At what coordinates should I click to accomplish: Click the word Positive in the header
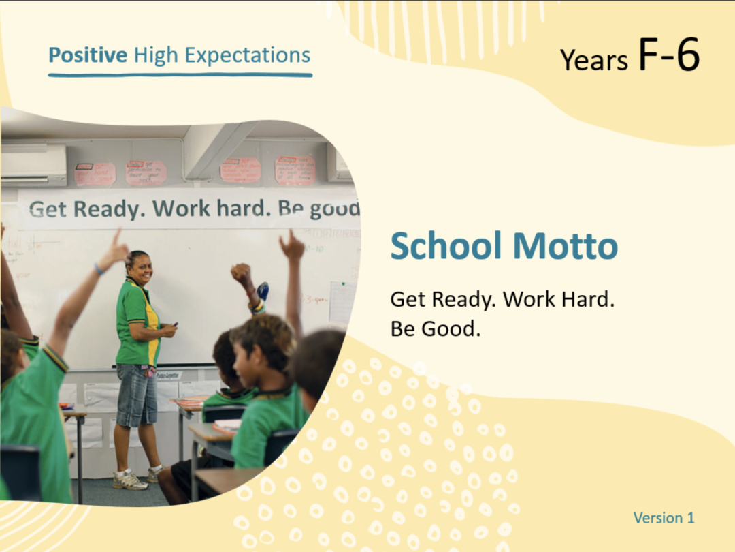87,55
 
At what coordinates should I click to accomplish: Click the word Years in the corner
593,60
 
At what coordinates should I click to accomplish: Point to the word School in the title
446,245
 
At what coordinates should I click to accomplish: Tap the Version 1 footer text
664,518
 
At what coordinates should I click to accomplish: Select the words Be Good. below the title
435,328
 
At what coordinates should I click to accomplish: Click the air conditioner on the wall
33,164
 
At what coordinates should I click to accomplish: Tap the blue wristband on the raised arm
99,270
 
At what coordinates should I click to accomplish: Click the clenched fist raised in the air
240,273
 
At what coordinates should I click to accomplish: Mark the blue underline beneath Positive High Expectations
180,74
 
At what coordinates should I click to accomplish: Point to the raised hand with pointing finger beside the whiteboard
292,245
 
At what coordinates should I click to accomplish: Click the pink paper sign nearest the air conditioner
95,174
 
